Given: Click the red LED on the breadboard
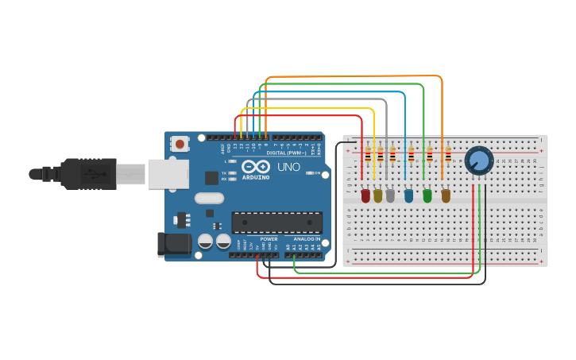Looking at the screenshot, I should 365,195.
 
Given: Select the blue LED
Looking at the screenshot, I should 408,195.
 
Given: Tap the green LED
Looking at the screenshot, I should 427,195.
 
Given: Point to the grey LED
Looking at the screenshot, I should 390,195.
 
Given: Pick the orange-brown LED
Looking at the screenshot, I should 446,195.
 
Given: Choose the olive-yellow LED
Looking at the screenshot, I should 377,195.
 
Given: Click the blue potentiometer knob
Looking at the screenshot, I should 479,161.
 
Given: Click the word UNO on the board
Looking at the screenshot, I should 288,168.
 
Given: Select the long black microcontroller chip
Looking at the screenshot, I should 276,223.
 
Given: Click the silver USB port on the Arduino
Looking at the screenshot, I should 167,173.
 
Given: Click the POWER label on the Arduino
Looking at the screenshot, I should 269,239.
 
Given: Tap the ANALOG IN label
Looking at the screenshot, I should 307,239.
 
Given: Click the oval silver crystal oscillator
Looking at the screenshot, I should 209,198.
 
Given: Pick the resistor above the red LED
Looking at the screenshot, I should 367,155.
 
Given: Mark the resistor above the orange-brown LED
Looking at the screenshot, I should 448,155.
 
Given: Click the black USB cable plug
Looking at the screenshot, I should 87,173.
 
